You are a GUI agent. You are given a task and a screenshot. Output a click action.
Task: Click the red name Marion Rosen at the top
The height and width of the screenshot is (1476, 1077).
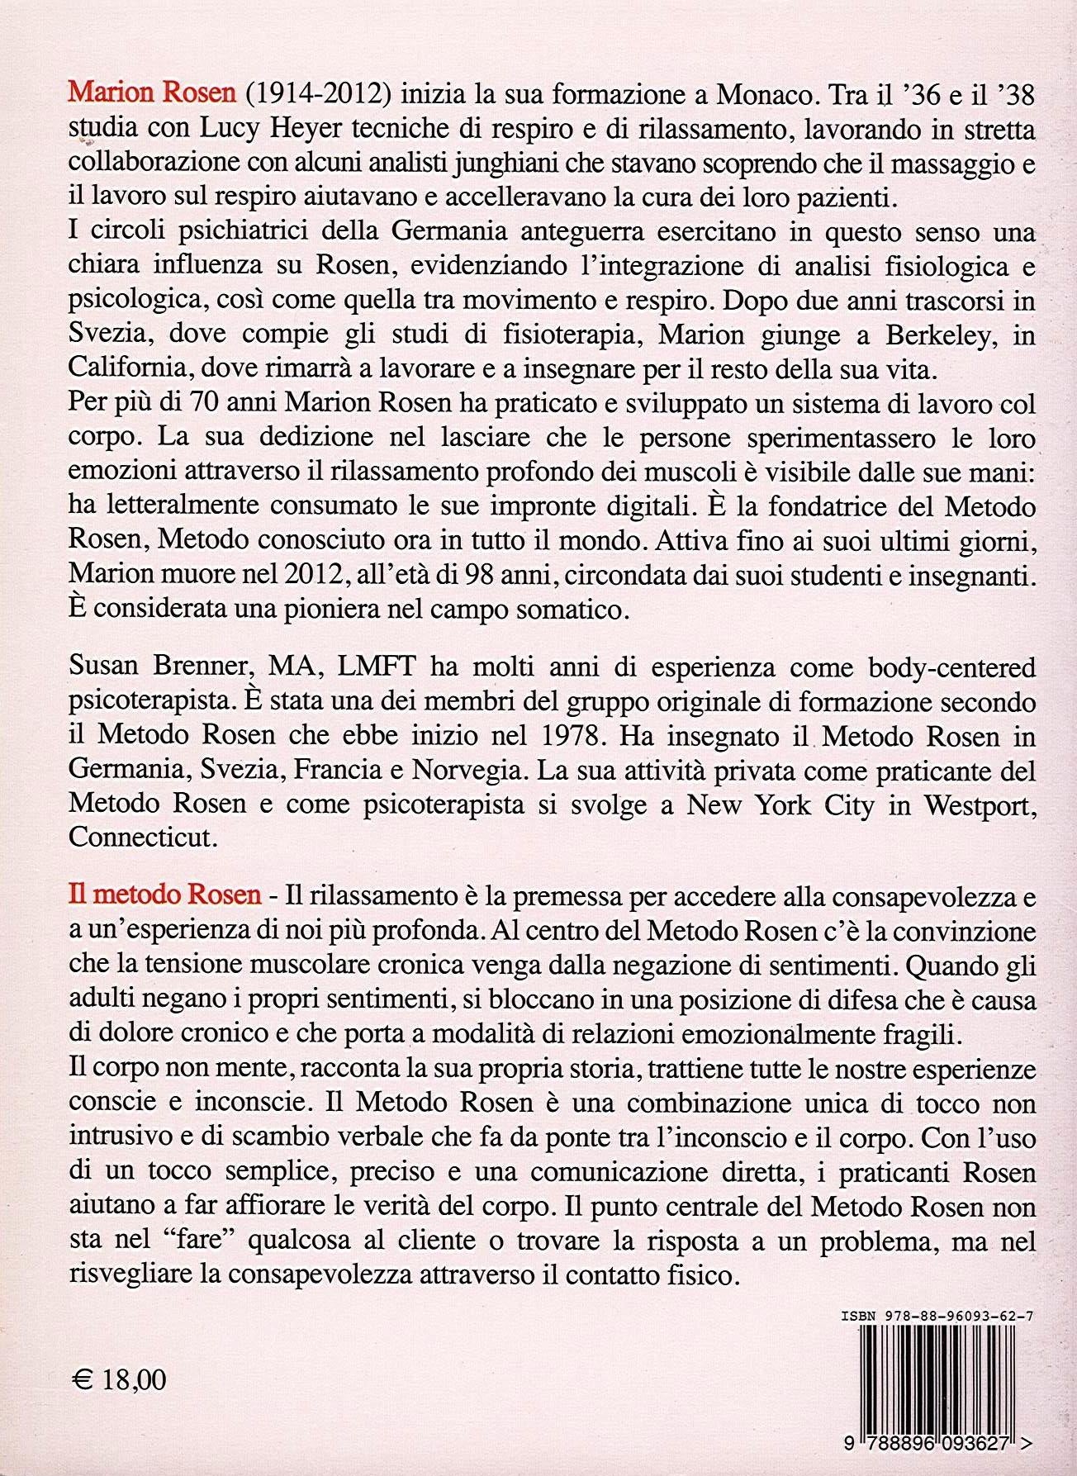click(x=152, y=93)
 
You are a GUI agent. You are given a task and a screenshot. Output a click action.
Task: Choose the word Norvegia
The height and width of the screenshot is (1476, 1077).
click(x=467, y=770)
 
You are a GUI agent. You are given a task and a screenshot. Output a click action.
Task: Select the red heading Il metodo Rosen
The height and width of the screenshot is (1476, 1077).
click(x=165, y=895)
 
